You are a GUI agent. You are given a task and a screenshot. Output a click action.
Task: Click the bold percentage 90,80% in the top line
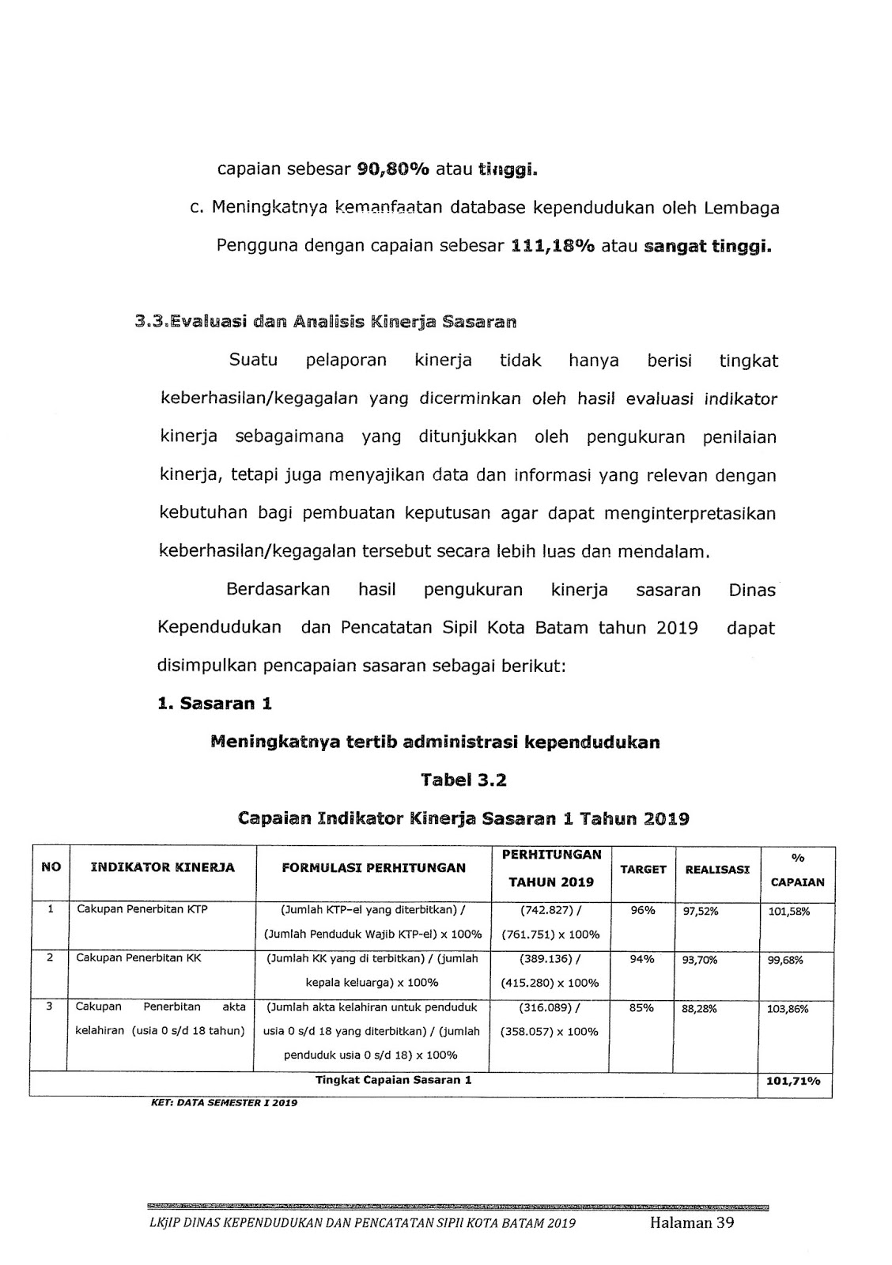[x=393, y=168]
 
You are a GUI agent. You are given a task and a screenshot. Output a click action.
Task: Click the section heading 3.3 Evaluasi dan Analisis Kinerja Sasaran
[x=325, y=322]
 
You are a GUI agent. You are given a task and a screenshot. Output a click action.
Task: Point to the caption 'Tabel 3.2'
[x=463, y=780]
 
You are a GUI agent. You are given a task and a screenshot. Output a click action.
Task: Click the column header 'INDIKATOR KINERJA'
[x=163, y=867]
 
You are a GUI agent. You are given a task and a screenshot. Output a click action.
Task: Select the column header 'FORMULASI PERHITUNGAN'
[x=373, y=867]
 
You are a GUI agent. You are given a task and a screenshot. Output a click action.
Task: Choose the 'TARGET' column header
[x=643, y=869]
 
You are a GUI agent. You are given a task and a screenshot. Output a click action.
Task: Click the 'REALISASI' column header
[x=717, y=869]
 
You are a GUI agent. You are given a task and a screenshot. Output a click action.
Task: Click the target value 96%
[x=643, y=910]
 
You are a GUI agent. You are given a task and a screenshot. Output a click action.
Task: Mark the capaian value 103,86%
[x=789, y=1009]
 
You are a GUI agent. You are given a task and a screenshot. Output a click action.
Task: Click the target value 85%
[x=642, y=1008]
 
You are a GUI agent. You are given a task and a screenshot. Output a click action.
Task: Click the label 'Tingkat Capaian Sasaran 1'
[x=393, y=1080]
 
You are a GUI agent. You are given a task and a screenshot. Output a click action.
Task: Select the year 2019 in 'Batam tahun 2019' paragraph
[x=677, y=628]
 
